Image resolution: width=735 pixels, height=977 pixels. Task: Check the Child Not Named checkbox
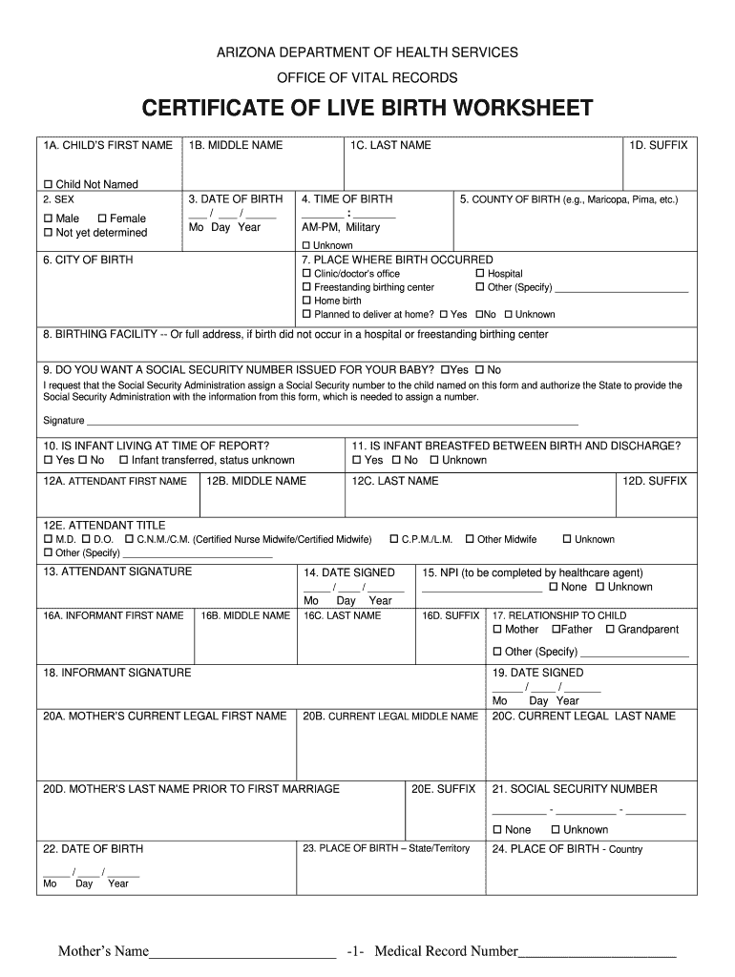[48, 184]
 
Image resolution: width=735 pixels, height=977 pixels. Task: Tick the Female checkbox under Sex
[102, 218]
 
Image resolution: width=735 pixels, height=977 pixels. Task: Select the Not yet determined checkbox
[48, 233]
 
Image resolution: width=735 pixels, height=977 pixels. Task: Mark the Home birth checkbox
[306, 301]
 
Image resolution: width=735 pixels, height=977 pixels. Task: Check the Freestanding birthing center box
[306, 287]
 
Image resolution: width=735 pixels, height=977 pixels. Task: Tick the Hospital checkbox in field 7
[479, 274]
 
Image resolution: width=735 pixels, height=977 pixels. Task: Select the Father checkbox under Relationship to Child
[556, 630]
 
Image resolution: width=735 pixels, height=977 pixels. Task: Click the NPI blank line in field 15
[489, 587]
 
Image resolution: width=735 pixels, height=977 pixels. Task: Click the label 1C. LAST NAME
[390, 145]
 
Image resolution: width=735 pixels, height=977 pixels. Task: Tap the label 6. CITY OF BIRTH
[88, 260]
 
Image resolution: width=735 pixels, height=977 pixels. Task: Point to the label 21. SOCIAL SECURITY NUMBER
[575, 789]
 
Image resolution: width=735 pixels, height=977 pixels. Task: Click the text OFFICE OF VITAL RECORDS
[367, 77]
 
